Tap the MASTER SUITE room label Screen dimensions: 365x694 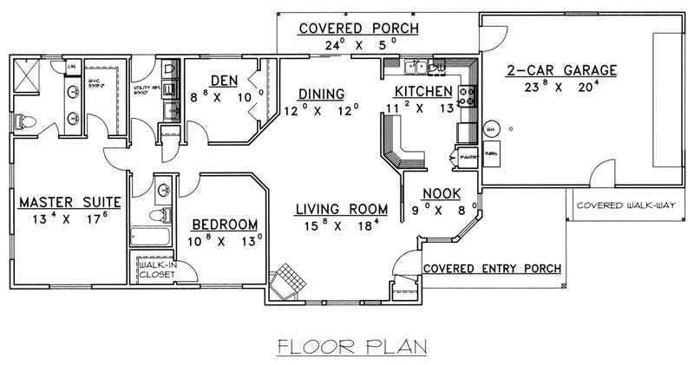pyautogui.click(x=69, y=202)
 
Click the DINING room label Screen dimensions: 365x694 pyautogui.click(x=321, y=94)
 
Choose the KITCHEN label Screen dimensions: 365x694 pyautogui.click(x=423, y=92)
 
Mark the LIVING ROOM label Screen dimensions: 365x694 pyautogui.click(x=339, y=209)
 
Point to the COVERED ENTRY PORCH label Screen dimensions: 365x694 pyautogui.click(x=491, y=268)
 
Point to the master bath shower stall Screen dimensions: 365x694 pyautogui.click(x=29, y=74)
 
